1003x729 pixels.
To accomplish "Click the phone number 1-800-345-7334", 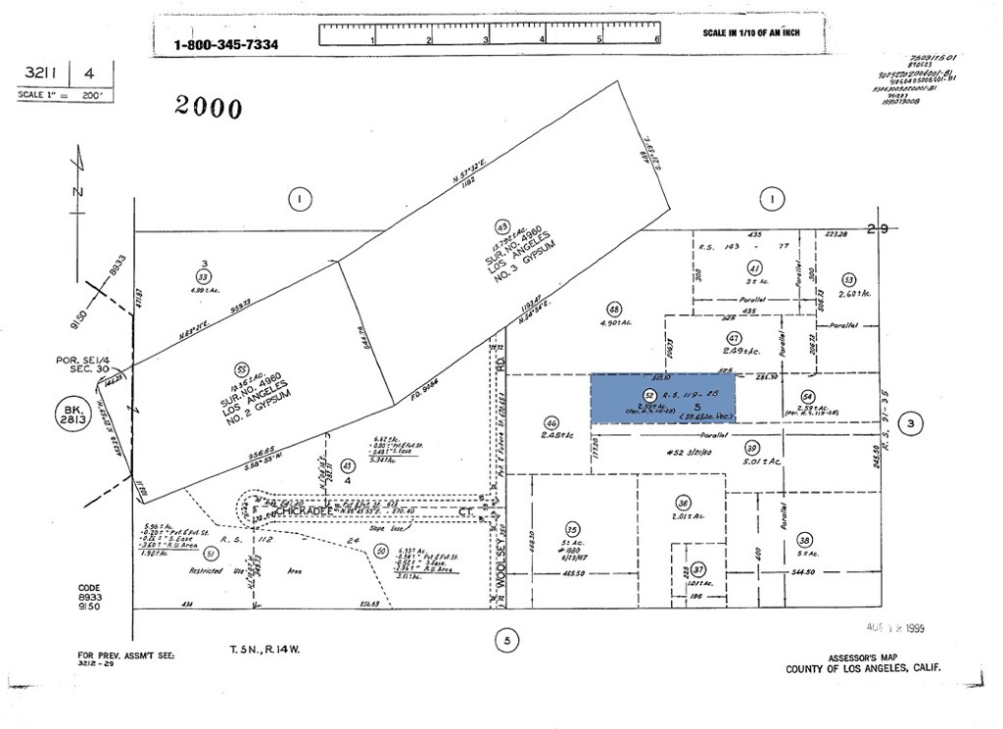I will pyautogui.click(x=225, y=44).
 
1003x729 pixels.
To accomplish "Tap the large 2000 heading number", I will pyautogui.click(x=209, y=107).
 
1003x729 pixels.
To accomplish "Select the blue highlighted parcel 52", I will pyautogui.click(x=662, y=398).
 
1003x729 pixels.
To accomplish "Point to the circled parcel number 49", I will pyautogui.click(x=502, y=223).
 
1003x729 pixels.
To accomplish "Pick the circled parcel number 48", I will pyautogui.click(x=614, y=308).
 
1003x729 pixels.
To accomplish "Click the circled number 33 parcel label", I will pyautogui.click(x=204, y=277).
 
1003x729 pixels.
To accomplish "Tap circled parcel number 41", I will pyautogui.click(x=754, y=267).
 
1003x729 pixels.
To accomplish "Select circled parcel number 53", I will pyautogui.click(x=848, y=279).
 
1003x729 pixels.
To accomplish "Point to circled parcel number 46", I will pyautogui.click(x=551, y=423).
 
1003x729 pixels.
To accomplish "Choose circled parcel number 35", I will pyautogui.click(x=572, y=528).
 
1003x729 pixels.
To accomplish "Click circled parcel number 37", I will pyautogui.click(x=698, y=569).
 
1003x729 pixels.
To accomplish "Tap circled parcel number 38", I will pyautogui.click(x=805, y=539).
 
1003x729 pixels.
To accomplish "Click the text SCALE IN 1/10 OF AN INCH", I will pyautogui.click(x=750, y=33).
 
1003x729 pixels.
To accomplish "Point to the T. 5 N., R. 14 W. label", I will pyautogui.click(x=258, y=649).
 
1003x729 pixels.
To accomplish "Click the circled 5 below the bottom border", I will pyautogui.click(x=507, y=642).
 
